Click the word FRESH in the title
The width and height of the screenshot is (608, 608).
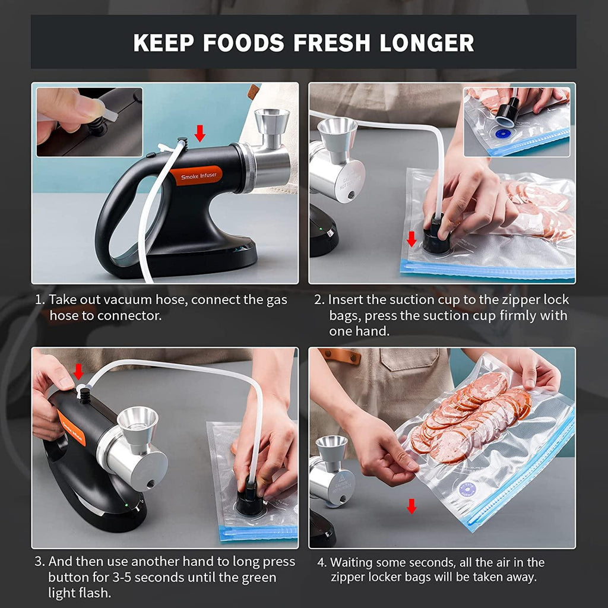(x=331, y=43)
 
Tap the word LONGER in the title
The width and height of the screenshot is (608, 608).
(x=426, y=43)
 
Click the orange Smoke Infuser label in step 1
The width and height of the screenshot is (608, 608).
(x=196, y=176)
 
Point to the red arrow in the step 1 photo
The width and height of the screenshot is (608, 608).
(x=199, y=133)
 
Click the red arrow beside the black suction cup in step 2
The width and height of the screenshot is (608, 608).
(x=411, y=239)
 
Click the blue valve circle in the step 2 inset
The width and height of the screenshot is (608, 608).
(x=503, y=134)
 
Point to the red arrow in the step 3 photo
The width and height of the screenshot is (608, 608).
(x=78, y=372)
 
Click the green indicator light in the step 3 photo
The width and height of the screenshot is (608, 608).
(x=126, y=505)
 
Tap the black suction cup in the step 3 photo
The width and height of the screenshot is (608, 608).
(x=250, y=500)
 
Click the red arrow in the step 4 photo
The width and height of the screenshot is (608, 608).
(x=411, y=506)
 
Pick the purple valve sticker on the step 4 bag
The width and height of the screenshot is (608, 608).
(x=467, y=489)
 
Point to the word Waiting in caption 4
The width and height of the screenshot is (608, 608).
(x=351, y=563)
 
